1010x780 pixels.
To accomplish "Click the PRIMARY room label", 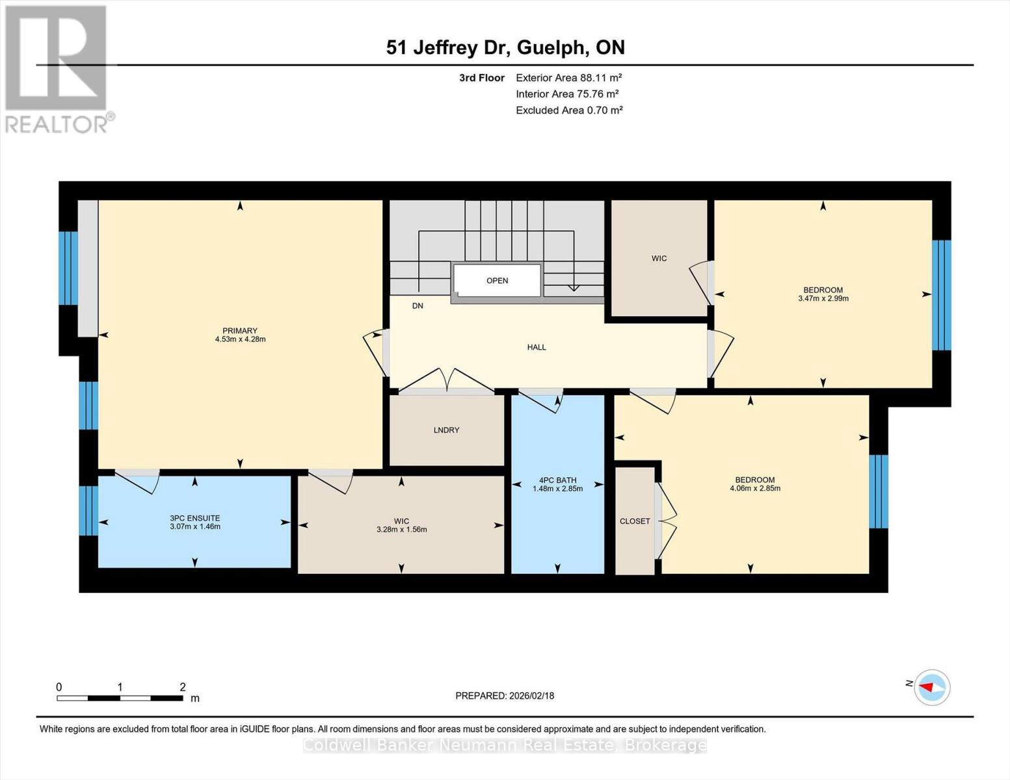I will pyautogui.click(x=240, y=331).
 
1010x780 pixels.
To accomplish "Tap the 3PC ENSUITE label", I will pyautogui.click(x=195, y=518).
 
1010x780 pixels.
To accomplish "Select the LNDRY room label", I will pyautogui.click(x=446, y=430).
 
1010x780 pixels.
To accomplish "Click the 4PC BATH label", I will pyautogui.click(x=557, y=480).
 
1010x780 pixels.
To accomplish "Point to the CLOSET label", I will pyautogui.click(x=635, y=521).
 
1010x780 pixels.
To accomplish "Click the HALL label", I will pyautogui.click(x=537, y=347).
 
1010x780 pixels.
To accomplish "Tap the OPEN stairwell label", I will pyautogui.click(x=497, y=281).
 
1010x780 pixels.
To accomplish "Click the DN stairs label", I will pyautogui.click(x=418, y=305).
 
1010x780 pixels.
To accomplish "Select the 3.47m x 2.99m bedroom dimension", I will pyautogui.click(x=823, y=299).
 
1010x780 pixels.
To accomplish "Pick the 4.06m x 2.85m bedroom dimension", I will pyautogui.click(x=754, y=488).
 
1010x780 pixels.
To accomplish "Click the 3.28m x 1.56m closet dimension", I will pyautogui.click(x=401, y=530).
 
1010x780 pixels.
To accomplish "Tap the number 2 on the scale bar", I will pyautogui.click(x=183, y=687).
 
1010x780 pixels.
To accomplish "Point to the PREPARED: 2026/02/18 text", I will pyautogui.click(x=505, y=695).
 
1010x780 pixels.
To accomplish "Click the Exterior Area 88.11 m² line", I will pyautogui.click(x=569, y=77).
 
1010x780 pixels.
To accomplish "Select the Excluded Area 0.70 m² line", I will pyautogui.click(x=569, y=110).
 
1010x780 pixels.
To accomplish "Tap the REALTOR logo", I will pyautogui.click(x=57, y=69).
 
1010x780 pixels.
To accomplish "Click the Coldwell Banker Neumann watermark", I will pyautogui.click(x=505, y=746).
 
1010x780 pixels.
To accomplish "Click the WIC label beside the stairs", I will pyautogui.click(x=659, y=259).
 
